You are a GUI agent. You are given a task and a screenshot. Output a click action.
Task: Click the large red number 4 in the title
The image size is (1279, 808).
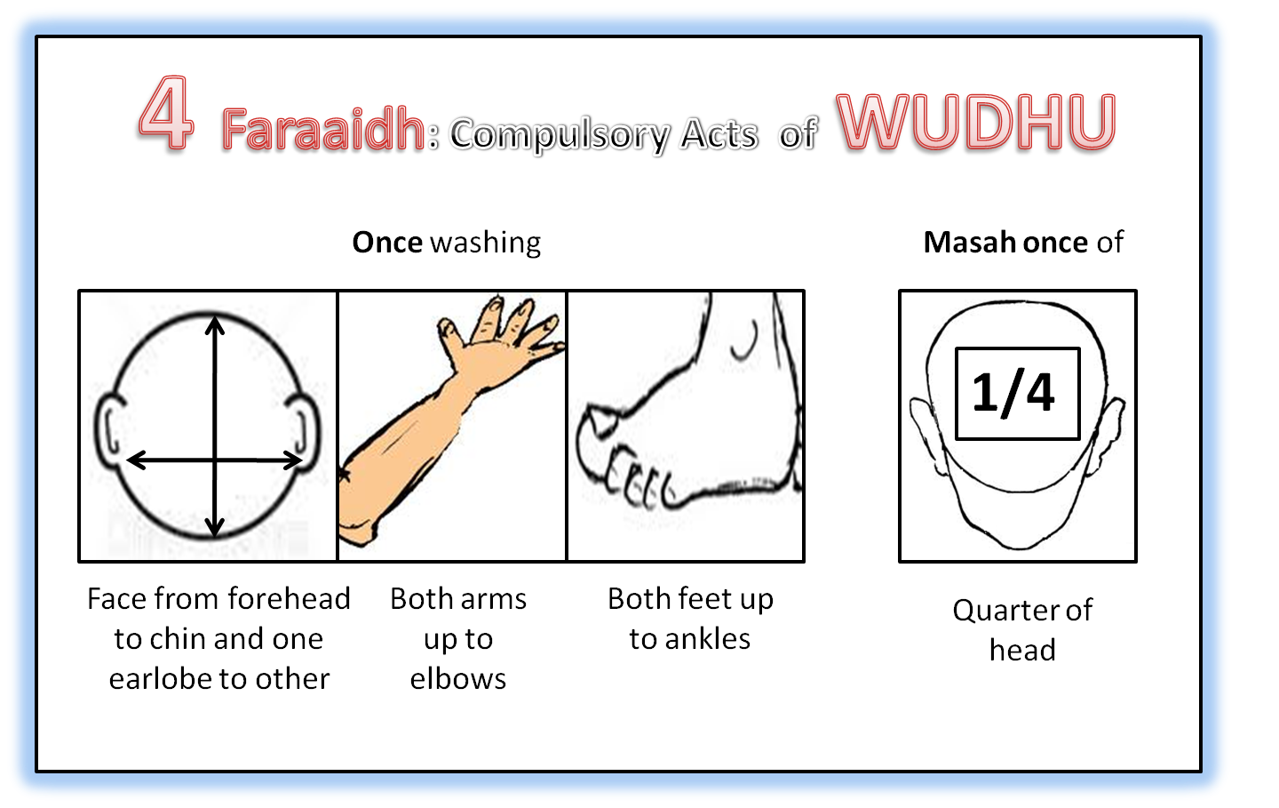[x=166, y=113]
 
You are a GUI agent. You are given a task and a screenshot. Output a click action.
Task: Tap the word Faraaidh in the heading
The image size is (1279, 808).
[x=323, y=130]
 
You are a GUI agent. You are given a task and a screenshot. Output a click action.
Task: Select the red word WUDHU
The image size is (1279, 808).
[x=975, y=122]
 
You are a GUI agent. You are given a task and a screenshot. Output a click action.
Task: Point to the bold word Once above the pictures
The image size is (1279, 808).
[x=387, y=243]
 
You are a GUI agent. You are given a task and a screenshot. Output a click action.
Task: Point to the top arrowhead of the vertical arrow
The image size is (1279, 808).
[x=215, y=325]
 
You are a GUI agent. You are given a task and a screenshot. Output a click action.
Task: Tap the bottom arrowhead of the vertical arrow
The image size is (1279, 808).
[x=215, y=527]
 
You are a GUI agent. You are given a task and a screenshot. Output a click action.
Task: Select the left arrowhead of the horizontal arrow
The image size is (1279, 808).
[x=137, y=460]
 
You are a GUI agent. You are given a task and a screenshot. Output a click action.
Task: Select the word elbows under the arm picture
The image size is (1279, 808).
[x=458, y=679]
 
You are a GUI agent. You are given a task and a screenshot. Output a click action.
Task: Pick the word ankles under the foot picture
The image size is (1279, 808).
[x=708, y=639]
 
